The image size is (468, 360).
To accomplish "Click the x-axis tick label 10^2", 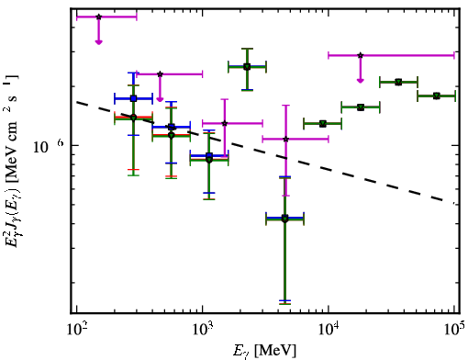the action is (x=77, y=329).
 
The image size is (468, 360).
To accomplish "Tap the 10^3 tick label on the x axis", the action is (x=203, y=329).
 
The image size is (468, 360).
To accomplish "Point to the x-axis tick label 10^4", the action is (x=329, y=329).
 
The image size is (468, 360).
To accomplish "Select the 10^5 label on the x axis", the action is (x=455, y=329).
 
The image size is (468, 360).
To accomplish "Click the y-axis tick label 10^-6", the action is (x=49, y=146).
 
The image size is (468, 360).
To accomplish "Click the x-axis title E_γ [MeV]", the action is (x=264, y=351).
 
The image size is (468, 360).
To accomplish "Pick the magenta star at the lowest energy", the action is (x=98, y=17).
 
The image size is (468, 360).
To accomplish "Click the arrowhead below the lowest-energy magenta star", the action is (x=98, y=42).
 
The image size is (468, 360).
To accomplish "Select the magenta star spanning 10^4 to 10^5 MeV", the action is (x=361, y=55).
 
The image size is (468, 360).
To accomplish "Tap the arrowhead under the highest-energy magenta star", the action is (x=361, y=81).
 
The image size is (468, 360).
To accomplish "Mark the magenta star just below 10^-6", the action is (x=285, y=140).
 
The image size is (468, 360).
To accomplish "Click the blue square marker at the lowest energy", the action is (x=133, y=98).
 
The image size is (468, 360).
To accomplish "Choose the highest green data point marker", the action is (x=247, y=66).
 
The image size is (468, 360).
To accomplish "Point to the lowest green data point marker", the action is (x=284, y=219).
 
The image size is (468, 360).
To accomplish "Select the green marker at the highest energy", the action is (x=437, y=96).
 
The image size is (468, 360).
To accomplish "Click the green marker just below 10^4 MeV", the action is (x=323, y=124).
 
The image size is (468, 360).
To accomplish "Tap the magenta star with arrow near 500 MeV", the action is (x=160, y=74).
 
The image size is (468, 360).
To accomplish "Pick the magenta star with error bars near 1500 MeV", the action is (x=225, y=123).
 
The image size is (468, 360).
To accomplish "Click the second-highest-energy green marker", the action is (x=398, y=82).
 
